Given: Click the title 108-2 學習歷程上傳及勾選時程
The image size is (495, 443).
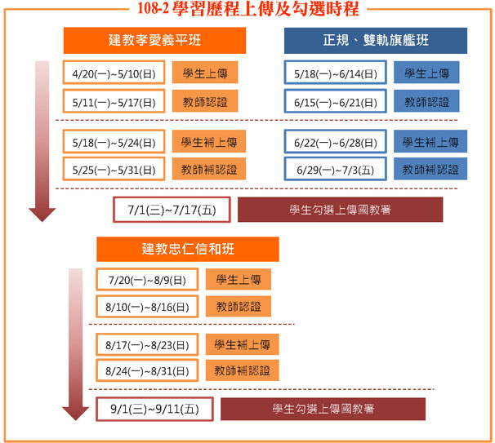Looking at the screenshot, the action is tap(248, 8).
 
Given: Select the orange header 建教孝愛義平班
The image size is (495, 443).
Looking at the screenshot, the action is tap(154, 40).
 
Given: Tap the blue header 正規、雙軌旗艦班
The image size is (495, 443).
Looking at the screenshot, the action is tap(376, 40).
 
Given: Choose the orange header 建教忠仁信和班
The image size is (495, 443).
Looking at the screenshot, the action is tap(188, 249).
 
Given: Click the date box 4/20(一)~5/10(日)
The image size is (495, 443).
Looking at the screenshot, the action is tap(114, 73).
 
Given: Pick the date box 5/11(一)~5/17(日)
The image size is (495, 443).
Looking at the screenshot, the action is tap(114, 101).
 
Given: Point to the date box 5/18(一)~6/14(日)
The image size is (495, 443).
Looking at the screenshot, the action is tap(336, 73).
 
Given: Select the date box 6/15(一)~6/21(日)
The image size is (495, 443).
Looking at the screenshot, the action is tap(336, 101).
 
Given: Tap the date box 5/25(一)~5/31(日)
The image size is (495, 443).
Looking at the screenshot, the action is tap(114, 169).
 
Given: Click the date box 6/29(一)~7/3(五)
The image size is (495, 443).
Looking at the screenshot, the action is tap(336, 169).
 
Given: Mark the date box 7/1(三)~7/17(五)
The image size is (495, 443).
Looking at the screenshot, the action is tap(172, 210).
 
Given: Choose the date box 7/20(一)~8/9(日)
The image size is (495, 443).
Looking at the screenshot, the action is tap(147, 279).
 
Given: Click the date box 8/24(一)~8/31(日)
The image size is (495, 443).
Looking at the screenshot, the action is tap(147, 370).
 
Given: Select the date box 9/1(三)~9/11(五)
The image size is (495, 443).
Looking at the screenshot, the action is tap(154, 409).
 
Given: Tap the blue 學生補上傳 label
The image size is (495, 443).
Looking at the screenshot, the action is tap(430, 142).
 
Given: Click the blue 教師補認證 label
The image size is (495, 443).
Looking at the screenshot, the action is tap(430, 169).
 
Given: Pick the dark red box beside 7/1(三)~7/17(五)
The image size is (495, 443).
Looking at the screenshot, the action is tap(341, 210).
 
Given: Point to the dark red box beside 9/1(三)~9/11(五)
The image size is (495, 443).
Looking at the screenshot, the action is tap(323, 409).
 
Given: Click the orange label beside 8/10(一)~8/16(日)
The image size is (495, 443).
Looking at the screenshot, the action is tap(239, 306).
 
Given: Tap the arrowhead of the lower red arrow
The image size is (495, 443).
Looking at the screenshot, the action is tap(75, 414).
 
